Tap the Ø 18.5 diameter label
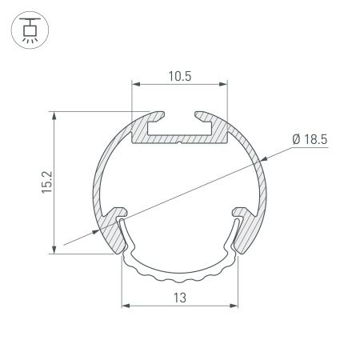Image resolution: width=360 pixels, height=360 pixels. [310, 139]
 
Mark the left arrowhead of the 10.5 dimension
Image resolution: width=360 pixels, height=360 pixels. [135, 82]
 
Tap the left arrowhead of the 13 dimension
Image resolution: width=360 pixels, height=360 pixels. [124, 306]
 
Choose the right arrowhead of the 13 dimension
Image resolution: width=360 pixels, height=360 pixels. [236, 306]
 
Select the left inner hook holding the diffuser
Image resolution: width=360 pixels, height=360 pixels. [120, 214]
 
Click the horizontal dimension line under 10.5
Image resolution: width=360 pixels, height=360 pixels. [180, 82]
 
